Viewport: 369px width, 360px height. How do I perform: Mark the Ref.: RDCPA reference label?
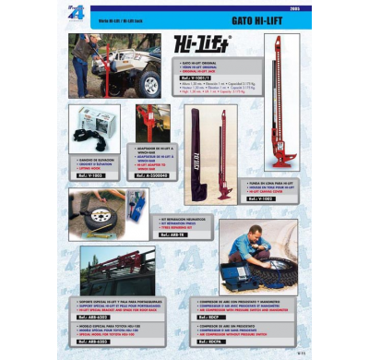click(211, 342)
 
